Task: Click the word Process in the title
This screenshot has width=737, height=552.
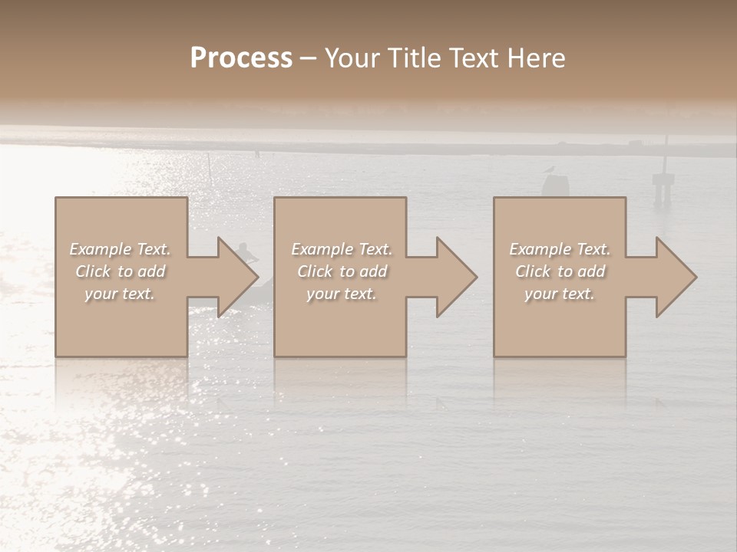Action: click(241, 58)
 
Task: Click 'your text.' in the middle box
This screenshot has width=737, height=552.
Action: click(341, 294)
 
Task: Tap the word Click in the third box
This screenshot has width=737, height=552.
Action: click(534, 271)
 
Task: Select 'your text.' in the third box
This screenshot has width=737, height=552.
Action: click(560, 294)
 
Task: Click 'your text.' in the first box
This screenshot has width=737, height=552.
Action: click(120, 294)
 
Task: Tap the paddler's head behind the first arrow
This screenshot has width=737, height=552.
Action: click(243, 248)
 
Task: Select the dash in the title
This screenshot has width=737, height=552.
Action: click(309, 59)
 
